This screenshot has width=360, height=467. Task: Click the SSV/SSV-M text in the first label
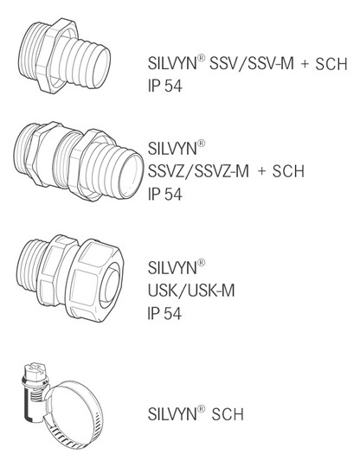click(252, 64)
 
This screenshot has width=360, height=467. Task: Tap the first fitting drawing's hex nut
click(57, 56)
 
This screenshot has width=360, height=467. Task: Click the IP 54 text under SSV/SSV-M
click(164, 86)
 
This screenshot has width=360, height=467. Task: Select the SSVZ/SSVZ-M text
click(198, 171)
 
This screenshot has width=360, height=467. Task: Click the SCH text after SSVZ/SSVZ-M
click(288, 171)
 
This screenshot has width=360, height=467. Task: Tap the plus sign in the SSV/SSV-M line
click(305, 64)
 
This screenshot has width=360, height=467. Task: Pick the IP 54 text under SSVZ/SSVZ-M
click(164, 195)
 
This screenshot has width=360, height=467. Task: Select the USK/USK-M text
click(191, 291)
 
